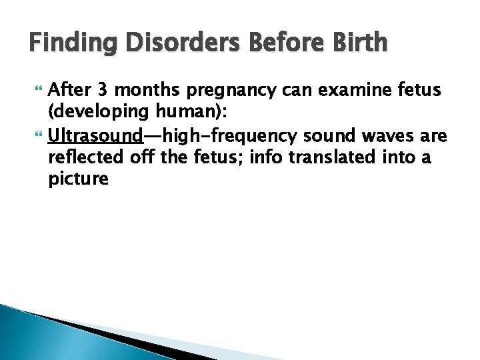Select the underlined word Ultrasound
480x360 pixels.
96,137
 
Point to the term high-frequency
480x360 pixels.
231,137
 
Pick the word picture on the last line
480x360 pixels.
78,179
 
